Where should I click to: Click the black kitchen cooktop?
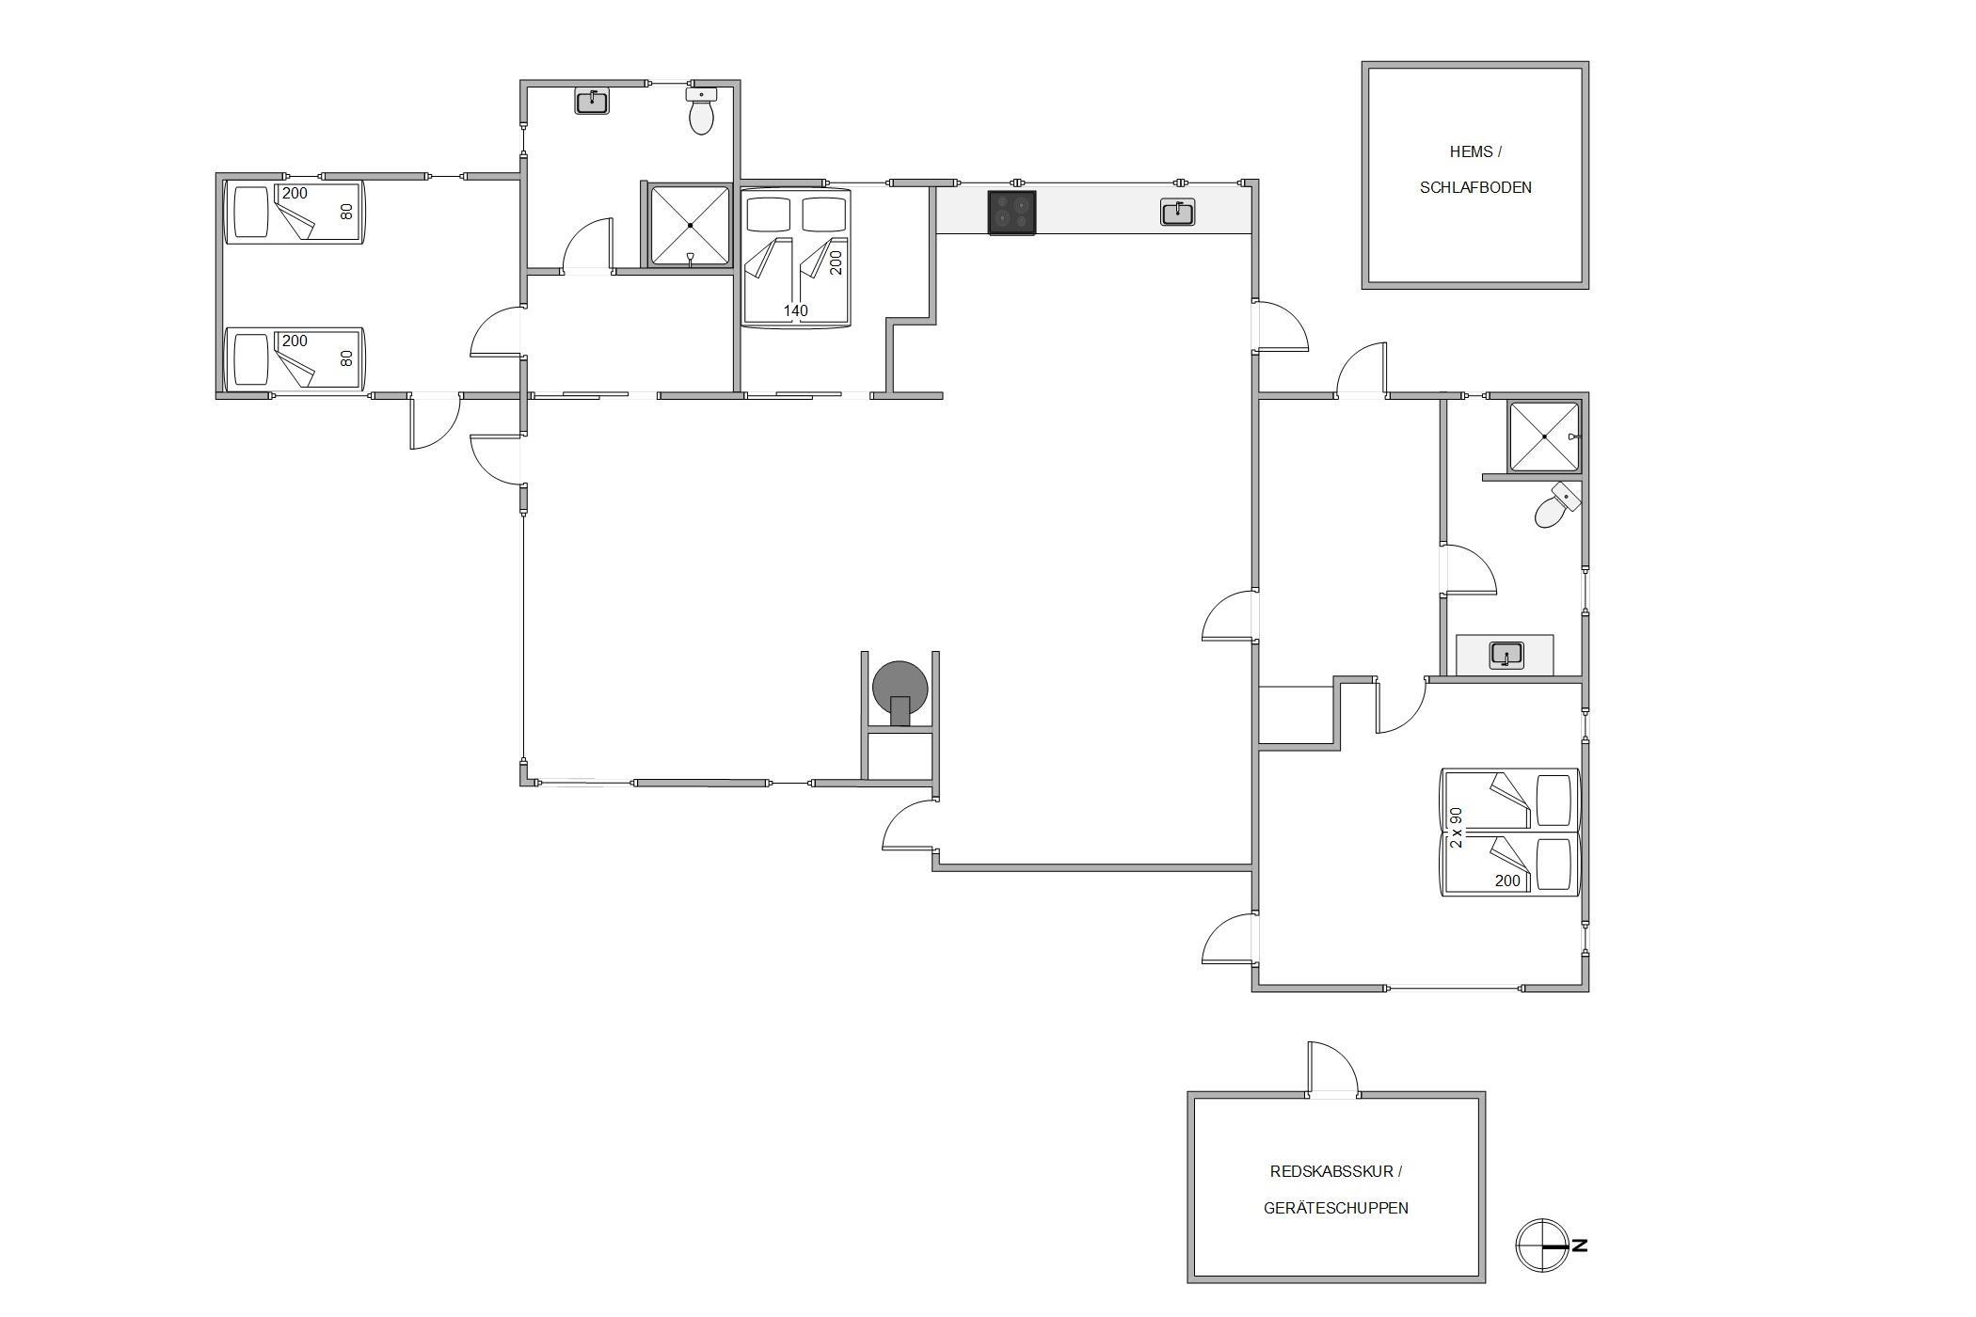pos(1012,213)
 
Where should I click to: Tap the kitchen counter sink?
pos(1178,213)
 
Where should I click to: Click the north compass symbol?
pos(1542,1246)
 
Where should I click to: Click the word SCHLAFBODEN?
pos(1475,187)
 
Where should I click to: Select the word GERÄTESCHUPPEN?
pos(1336,1208)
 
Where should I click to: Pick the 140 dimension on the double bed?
pos(795,310)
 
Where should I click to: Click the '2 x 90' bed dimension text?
pos(1457,828)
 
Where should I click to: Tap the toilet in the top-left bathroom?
pos(701,110)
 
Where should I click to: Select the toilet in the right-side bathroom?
pos(1556,505)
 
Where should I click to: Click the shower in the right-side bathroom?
pos(1544,436)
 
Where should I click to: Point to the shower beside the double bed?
pos(691,226)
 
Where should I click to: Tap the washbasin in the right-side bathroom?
pos(1506,654)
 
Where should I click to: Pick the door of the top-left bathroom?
pos(587,246)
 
